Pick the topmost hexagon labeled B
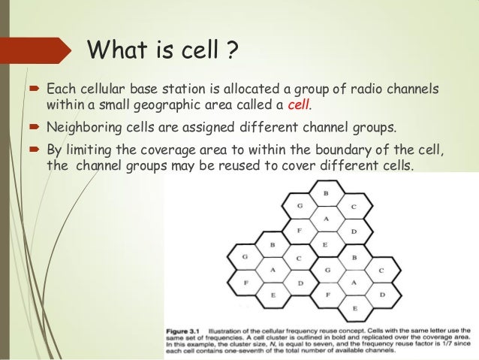(325, 194)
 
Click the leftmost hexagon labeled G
(245, 257)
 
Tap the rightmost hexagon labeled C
(381, 270)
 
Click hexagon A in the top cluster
(325, 219)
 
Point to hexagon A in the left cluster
(272, 270)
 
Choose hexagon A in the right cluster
(354, 283)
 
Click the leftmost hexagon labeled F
(245, 283)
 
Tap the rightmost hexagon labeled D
(381, 295)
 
